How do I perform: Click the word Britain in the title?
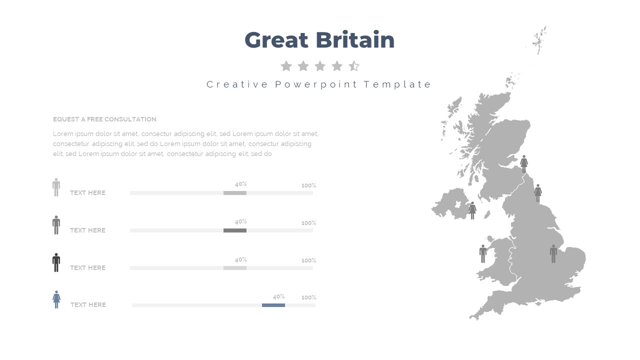355,39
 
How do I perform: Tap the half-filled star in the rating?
354,66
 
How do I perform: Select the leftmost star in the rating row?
286,66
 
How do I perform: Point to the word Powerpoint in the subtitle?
316,84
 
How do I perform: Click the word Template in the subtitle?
397,84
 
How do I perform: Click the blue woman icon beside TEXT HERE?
56,299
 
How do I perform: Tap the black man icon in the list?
56,262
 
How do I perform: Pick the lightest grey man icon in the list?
56,187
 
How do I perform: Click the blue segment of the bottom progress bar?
273,305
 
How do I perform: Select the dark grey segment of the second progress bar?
235,230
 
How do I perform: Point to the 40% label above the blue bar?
278,297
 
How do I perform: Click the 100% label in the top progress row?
309,185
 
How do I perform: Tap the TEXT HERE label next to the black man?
87,268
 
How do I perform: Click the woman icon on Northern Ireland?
472,210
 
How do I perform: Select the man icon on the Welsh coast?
483,253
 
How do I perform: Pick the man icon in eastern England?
553,253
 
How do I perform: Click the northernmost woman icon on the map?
524,164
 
